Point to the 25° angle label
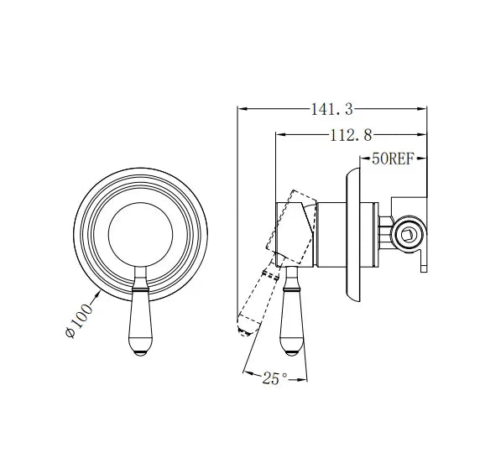click(273, 379)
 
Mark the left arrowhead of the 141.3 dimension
click(241, 108)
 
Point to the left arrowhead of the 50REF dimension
click(361, 157)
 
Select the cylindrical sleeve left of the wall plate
click(330, 236)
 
